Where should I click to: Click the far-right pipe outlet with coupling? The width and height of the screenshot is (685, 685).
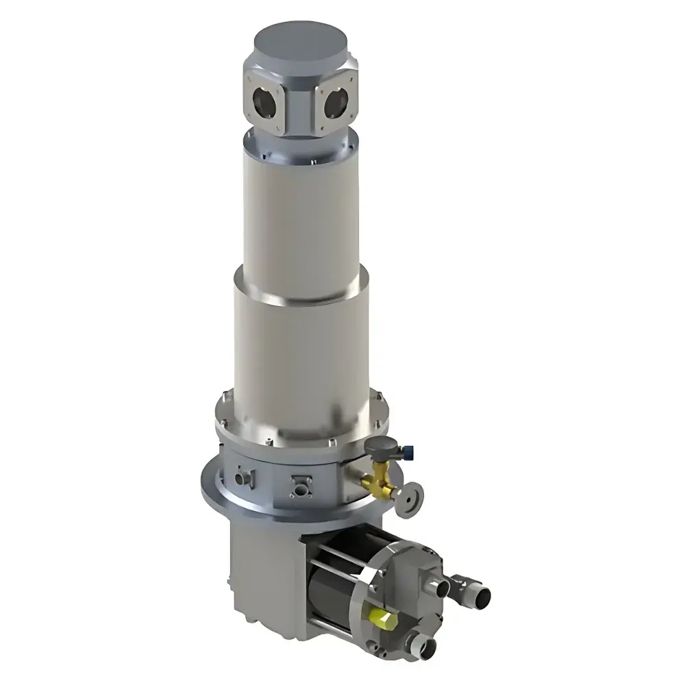point(475,590)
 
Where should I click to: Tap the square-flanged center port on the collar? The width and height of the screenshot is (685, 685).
point(299,486)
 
